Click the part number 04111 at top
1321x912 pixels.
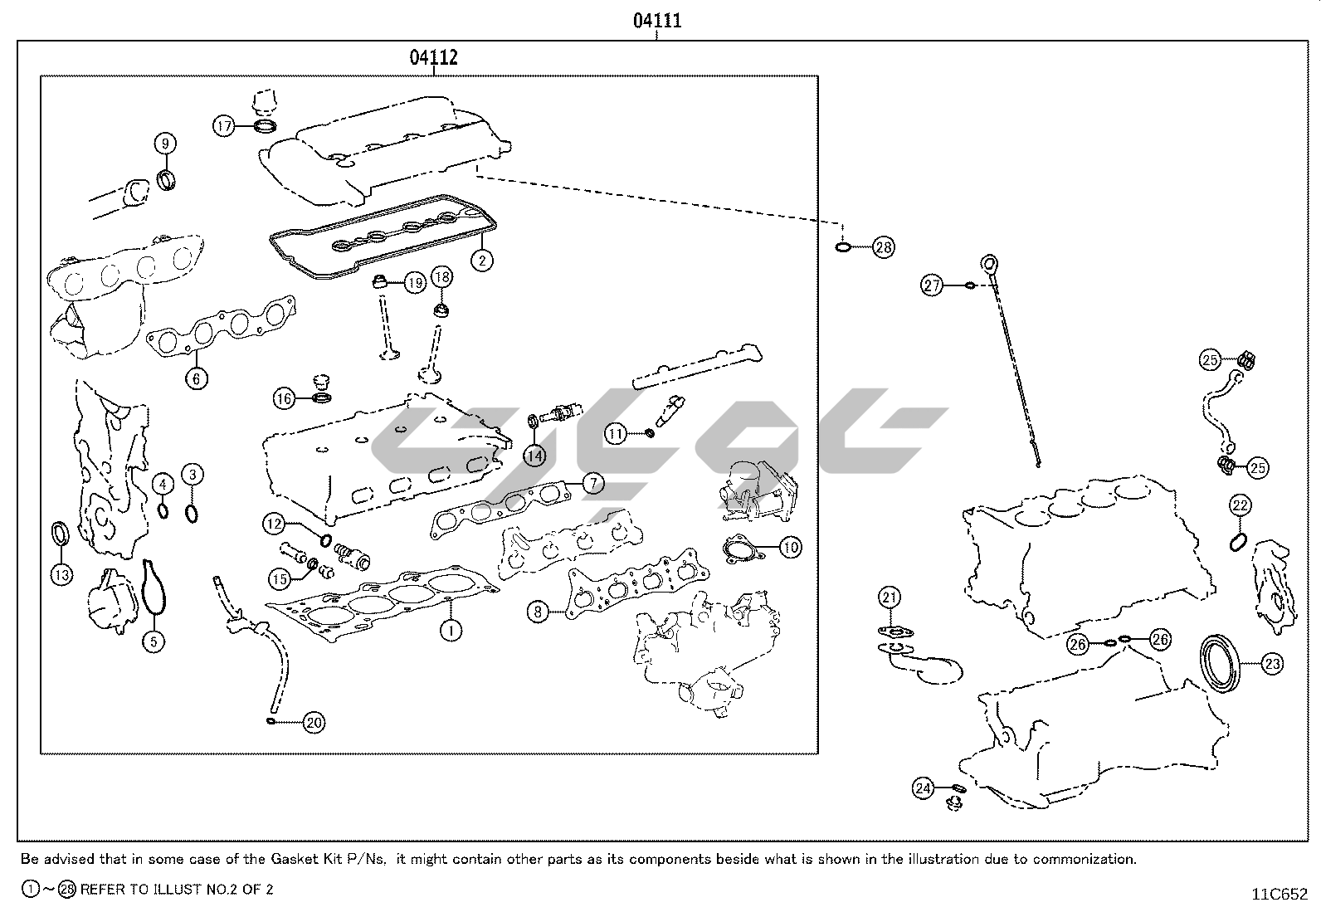pos(657,21)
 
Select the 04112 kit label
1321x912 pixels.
pos(433,57)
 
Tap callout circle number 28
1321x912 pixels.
pos(884,246)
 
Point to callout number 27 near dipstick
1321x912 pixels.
pos(932,285)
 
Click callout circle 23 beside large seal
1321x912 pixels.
pos(1272,663)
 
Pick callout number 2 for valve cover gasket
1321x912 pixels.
pos(481,259)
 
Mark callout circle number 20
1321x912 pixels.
pos(313,723)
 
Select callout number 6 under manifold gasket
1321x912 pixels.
pos(196,378)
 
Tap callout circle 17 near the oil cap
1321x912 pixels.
pos(224,126)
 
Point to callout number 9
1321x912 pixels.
pos(165,143)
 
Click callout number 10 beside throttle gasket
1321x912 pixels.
pos(791,547)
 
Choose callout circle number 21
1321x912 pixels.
pos(890,597)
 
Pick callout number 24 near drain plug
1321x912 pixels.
pos(924,788)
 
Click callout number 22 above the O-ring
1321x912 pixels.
pos(1240,505)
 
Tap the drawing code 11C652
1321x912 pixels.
pos(1280,894)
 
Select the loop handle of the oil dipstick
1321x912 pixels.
pos(989,265)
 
